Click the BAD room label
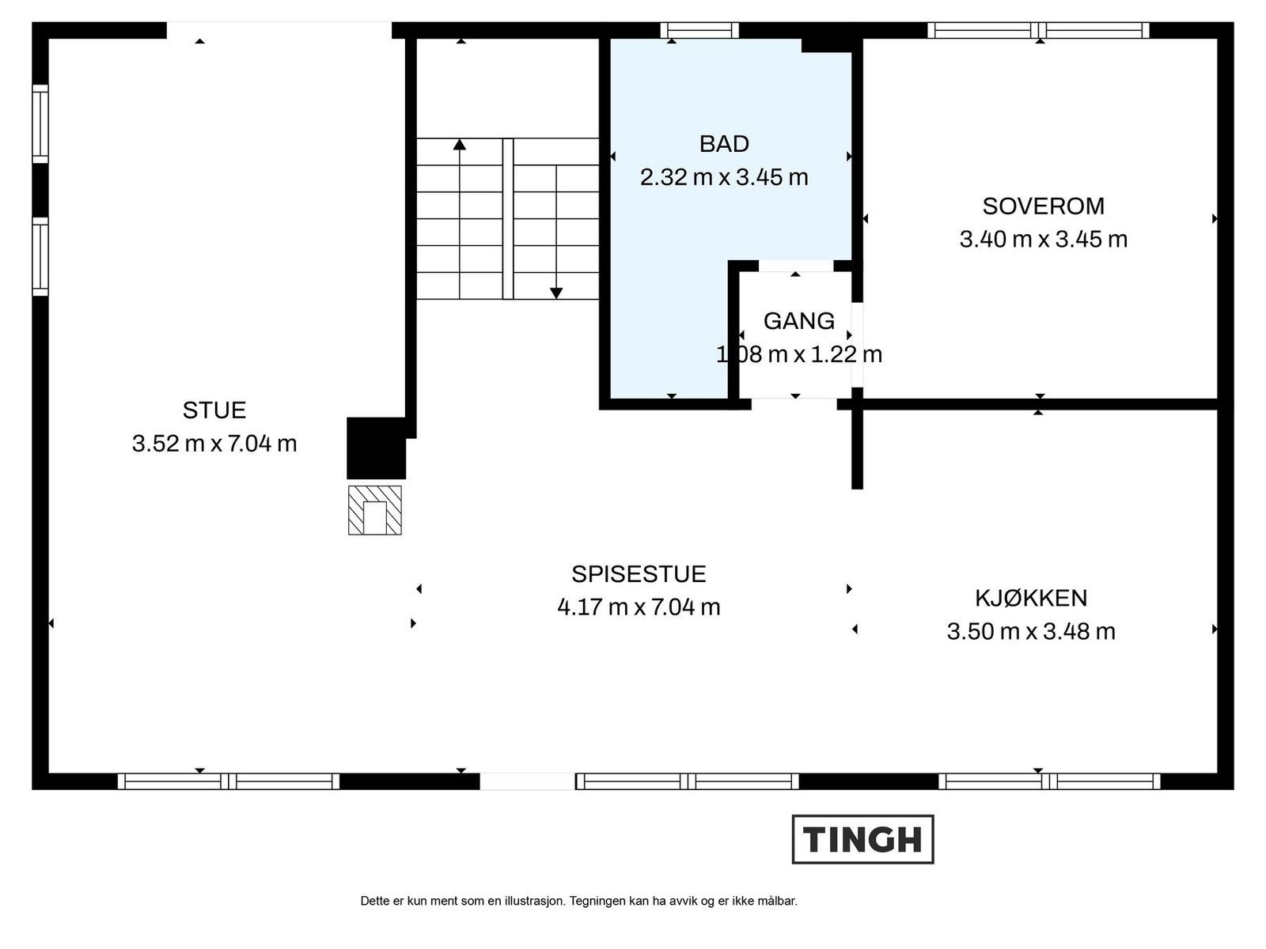(723, 144)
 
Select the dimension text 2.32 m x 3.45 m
(723, 177)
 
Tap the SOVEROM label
(1043, 206)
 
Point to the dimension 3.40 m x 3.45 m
(1043, 239)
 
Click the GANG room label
(798, 321)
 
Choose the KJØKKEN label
(1030, 598)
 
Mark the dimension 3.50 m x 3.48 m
(1030, 631)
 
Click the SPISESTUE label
(639, 574)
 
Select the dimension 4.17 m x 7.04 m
(639, 607)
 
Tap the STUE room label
(214, 410)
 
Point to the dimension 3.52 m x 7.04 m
(214, 444)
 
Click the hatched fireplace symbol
(375, 510)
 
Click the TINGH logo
(862, 839)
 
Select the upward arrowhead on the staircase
(460, 145)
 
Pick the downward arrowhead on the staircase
(556, 293)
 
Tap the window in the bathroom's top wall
(699, 30)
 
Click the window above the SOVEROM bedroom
(1038, 30)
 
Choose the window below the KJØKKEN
(1049, 781)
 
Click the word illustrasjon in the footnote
(534, 901)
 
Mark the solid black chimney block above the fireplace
(376, 448)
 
